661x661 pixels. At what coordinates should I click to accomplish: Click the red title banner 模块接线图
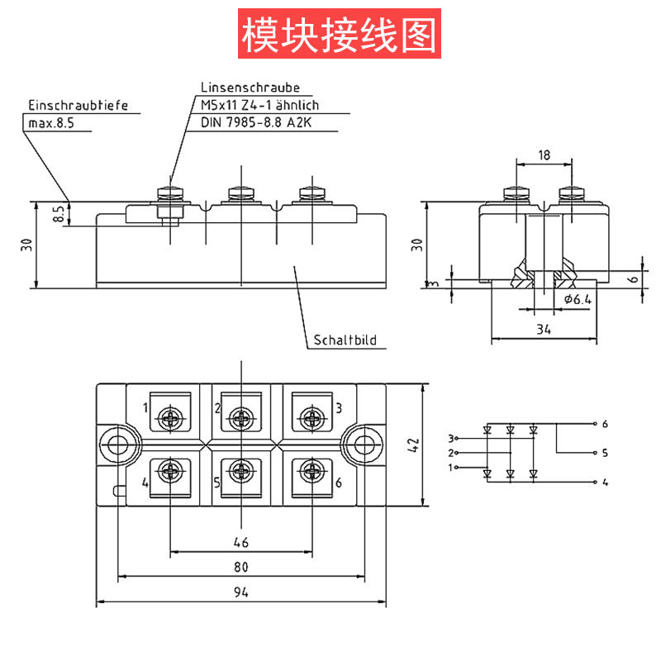point(338,33)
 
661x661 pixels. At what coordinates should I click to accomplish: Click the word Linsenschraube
point(250,87)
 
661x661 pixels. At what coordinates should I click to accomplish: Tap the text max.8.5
point(51,123)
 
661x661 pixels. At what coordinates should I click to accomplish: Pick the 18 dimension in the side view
point(544,155)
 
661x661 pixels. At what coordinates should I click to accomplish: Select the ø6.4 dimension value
point(578,299)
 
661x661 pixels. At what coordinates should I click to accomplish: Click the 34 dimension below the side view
point(543,330)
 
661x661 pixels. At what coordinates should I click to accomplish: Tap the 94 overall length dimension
point(240,592)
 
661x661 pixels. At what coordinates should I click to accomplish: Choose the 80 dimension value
point(240,567)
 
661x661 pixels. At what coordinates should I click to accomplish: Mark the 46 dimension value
point(240,542)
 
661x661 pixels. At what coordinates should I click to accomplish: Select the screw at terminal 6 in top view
point(312,473)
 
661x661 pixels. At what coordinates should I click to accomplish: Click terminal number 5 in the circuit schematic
point(605,453)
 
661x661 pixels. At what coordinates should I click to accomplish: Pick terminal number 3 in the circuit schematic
point(451,438)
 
